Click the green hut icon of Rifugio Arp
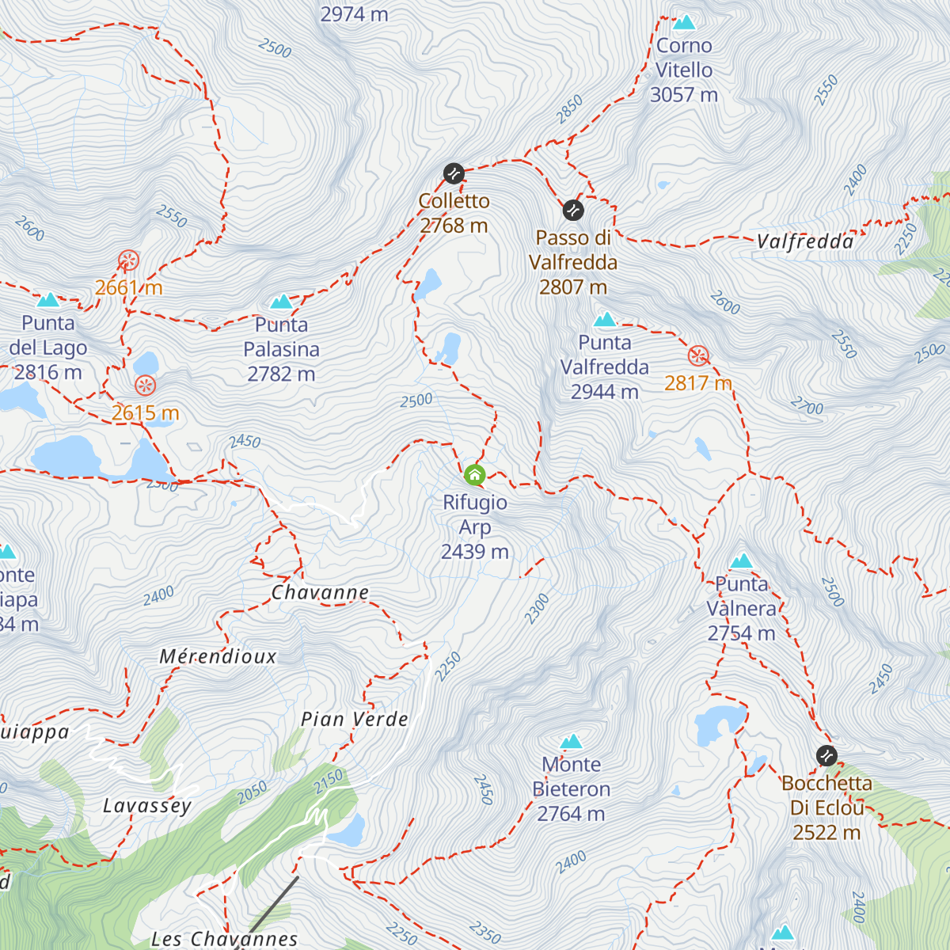pyautogui.click(x=474, y=475)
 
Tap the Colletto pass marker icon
pyautogui.click(x=454, y=173)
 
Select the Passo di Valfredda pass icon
pyautogui.click(x=573, y=211)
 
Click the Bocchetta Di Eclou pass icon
pyautogui.click(x=826, y=755)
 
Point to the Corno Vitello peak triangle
pyautogui.click(x=684, y=22)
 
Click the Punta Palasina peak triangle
pyautogui.click(x=282, y=302)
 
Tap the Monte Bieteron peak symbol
pyautogui.click(x=572, y=742)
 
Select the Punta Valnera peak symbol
pyautogui.click(x=741, y=561)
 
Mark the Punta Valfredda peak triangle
pyautogui.click(x=605, y=320)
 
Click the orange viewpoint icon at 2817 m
pyautogui.click(x=697, y=356)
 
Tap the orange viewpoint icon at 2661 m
pyautogui.click(x=129, y=260)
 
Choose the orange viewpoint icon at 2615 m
pyautogui.click(x=145, y=386)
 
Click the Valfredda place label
pyautogui.click(x=805, y=241)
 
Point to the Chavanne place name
pyautogui.click(x=320, y=592)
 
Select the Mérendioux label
pyautogui.click(x=218, y=656)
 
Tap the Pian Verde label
pyautogui.click(x=355, y=719)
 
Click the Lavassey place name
pyautogui.click(x=147, y=806)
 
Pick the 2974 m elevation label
pyautogui.click(x=354, y=13)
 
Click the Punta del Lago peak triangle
pyautogui.click(x=49, y=300)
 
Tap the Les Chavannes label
pyautogui.click(x=224, y=939)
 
